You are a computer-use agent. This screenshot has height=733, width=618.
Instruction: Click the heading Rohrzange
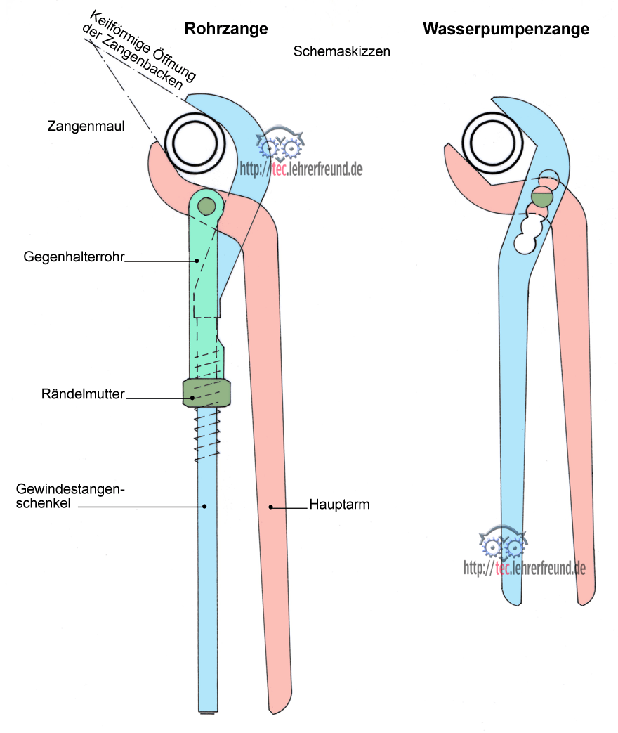click(226, 29)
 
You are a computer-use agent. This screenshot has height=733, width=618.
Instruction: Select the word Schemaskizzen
click(342, 52)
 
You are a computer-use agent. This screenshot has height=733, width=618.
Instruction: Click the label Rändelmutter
click(82, 394)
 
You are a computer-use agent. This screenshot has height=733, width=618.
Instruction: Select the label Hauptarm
click(339, 505)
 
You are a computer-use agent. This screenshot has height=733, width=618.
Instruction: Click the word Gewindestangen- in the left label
click(70, 489)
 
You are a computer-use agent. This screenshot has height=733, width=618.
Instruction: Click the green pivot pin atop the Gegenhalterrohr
click(206, 206)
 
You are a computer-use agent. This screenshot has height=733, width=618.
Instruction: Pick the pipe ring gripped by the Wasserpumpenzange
click(496, 140)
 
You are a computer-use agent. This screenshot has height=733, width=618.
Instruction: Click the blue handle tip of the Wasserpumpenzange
click(513, 594)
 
